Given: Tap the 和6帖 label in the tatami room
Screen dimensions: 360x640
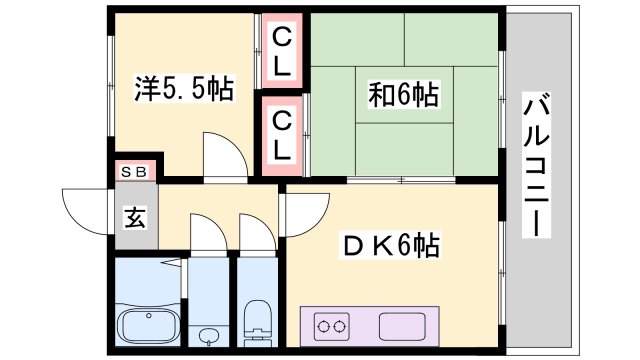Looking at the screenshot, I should (403, 96).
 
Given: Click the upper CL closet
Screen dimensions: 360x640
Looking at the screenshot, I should (282, 51).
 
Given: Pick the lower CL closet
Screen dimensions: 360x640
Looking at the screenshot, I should (282, 136).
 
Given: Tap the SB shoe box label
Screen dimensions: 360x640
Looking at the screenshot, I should (134, 171).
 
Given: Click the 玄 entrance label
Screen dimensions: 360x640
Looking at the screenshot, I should (133, 215).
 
